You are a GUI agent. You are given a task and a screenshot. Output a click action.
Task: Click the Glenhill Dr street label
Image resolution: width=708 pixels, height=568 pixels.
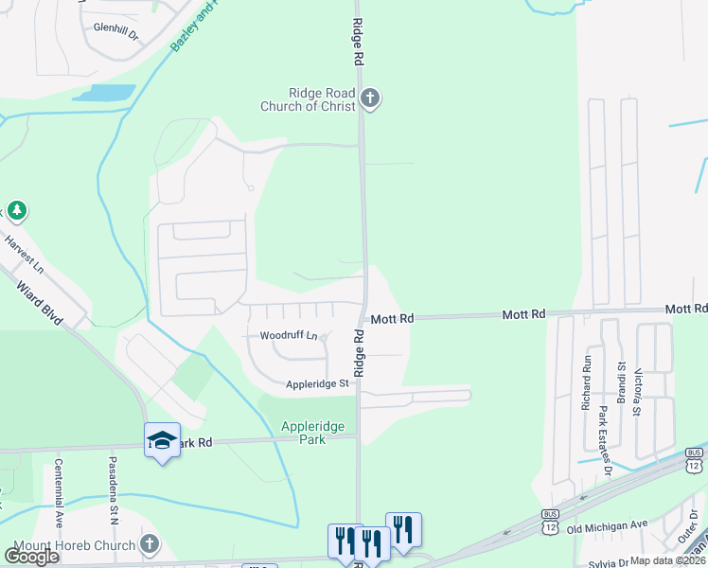click(115, 29)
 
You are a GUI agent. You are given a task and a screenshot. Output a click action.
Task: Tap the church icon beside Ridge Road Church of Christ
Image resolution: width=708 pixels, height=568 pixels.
click(369, 98)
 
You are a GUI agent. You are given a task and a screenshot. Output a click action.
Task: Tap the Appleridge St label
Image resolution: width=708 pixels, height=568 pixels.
click(318, 383)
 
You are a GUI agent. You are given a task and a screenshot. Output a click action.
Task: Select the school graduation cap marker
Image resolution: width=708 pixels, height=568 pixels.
click(163, 439)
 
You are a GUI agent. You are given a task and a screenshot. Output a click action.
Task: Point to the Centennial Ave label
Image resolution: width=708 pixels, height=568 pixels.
click(59, 492)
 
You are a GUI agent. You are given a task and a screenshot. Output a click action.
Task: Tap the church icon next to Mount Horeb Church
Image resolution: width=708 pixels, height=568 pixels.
click(148, 544)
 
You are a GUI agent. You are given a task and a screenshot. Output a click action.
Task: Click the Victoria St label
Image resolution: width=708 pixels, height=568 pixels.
click(638, 392)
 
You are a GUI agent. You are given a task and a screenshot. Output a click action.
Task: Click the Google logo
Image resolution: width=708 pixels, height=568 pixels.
click(32, 556)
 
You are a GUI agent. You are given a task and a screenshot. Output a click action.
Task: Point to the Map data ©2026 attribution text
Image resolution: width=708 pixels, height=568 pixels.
click(668, 560)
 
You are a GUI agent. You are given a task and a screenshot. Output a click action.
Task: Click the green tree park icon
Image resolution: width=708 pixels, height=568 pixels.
click(15, 209)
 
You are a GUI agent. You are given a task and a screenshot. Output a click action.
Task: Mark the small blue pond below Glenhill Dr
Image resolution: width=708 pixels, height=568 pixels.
click(103, 93)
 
